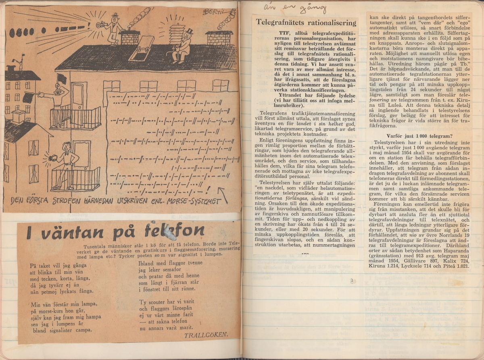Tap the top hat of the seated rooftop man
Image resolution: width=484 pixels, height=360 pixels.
[x=189, y=31]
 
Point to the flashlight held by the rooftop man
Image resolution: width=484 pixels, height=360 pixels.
[x=99, y=24]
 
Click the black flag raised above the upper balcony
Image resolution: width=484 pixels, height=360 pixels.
[x=62, y=78]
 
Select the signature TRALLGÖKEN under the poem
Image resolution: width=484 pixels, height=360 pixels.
[x=206, y=334]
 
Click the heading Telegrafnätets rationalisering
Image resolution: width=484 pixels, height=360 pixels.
[x=306, y=23]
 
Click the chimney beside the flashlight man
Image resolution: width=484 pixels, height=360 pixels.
[x=130, y=37]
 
